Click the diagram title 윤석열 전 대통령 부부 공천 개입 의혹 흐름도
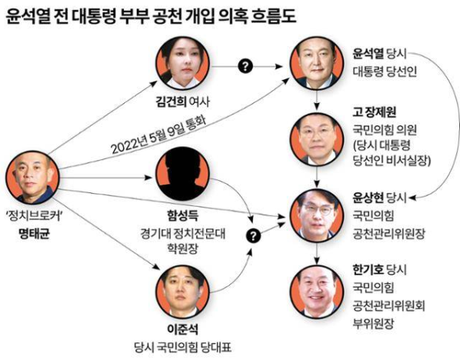(x=151, y=16)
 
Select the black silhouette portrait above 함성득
(x=182, y=174)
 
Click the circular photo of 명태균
(x=32, y=178)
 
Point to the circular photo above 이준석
(x=182, y=292)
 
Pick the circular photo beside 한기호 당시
(x=317, y=292)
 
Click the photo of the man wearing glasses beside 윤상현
(x=317, y=215)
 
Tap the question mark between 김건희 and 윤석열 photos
(x=245, y=66)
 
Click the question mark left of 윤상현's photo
(x=254, y=235)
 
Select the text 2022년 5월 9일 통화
(x=159, y=135)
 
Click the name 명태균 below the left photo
(x=34, y=234)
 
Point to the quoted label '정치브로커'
(x=34, y=216)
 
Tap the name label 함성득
(x=182, y=215)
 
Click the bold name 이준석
(x=182, y=329)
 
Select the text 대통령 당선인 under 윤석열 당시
(x=385, y=72)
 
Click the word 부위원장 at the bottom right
(x=373, y=324)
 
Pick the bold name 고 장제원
(x=374, y=112)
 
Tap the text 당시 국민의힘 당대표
(x=182, y=348)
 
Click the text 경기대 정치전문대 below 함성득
(x=182, y=234)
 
